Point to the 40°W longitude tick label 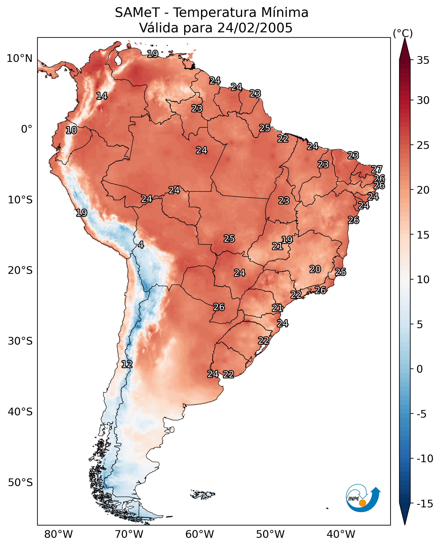coord(341,534)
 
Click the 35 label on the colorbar coord(423,60)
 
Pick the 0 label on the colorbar coord(420,369)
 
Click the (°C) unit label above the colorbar coord(403,33)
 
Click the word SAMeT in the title coord(137,13)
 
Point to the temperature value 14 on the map coord(102,96)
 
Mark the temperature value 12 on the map coord(127,364)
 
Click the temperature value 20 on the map coord(315,269)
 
